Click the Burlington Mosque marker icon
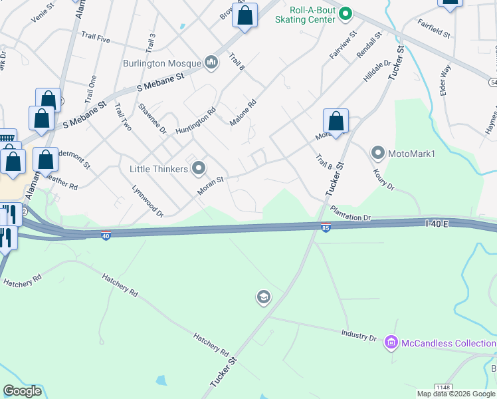pos(212,63)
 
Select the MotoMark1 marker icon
pos(378,154)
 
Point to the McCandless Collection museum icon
pos(391,343)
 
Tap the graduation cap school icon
pos(263,297)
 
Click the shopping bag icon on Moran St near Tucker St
pos(336,122)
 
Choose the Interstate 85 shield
pos(326,227)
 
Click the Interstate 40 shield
pos(106,235)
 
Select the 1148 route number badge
pos(443,387)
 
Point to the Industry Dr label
pos(359,335)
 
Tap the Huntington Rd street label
pos(196,120)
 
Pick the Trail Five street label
pos(95,38)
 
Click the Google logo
pos(23,391)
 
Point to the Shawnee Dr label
pos(152,120)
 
